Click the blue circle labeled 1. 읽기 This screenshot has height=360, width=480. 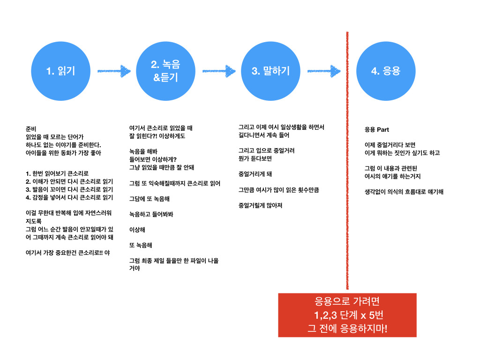tap(60, 71)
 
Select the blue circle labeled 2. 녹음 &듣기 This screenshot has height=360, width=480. tap(165, 71)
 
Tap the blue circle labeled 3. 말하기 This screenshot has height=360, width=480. tap(270, 71)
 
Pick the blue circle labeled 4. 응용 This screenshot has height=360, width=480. tap(386, 71)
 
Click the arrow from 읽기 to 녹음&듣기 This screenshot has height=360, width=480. tap(114, 71)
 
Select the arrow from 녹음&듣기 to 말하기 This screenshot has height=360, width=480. tap(219, 71)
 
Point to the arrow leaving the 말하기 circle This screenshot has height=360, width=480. tap(324, 71)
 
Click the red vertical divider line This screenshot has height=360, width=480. tap(347, 160)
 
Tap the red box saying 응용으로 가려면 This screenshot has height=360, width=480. tap(347, 315)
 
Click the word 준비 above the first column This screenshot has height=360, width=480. tap(31, 129)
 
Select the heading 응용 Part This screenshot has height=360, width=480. tap(376, 129)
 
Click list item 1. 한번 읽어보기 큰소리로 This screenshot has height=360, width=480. tap(57, 173)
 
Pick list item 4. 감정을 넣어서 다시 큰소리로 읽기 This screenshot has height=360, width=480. tap(69, 197)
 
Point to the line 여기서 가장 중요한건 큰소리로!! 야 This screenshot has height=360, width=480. tap(67, 253)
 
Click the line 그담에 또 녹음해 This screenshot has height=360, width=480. tap(150, 199)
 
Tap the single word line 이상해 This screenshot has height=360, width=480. tap(137, 230)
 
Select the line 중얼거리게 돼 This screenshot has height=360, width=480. tap(255, 174)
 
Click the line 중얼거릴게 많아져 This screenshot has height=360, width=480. tap(261, 205)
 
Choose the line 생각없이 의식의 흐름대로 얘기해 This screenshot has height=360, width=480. tap(404, 192)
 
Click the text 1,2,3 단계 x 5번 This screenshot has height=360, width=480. tap(349, 315)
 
